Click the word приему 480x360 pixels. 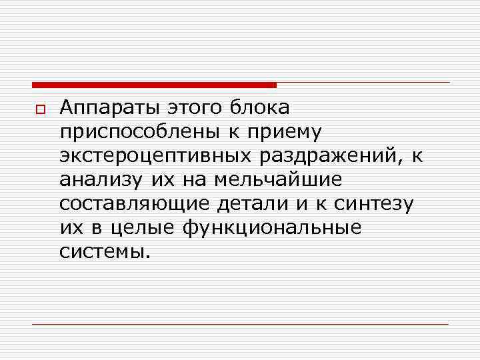click(285, 132)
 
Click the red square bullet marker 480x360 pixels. click(39, 109)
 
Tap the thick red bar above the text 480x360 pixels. click(154, 85)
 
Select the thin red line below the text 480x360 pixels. click(240, 325)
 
